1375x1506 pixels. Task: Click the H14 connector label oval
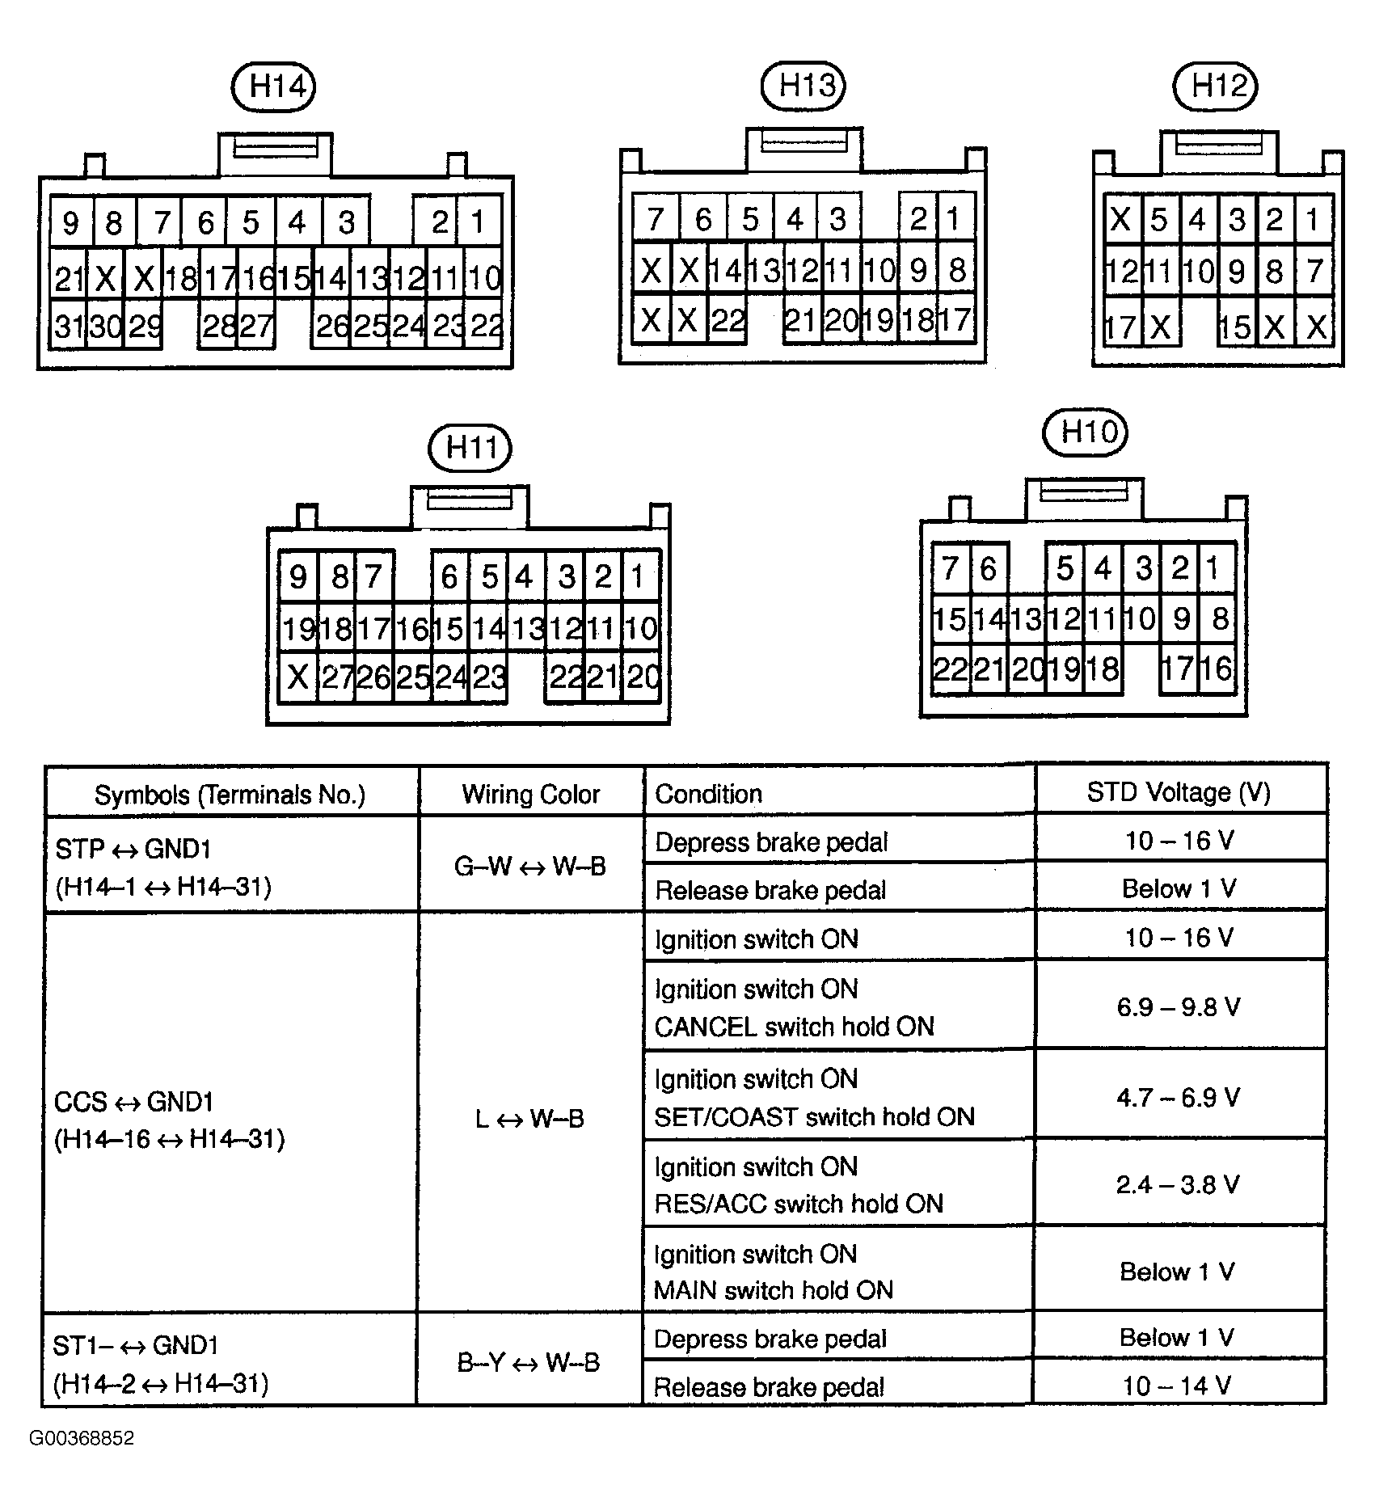pyautogui.click(x=273, y=86)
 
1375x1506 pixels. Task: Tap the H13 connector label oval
pyautogui.click(x=803, y=85)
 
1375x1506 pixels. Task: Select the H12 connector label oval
pyautogui.click(x=1215, y=85)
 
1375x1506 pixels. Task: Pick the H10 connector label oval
pyautogui.click(x=1085, y=432)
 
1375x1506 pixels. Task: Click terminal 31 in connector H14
pyautogui.click(x=68, y=327)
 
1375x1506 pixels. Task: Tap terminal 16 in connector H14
pyautogui.click(x=258, y=278)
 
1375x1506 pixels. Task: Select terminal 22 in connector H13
pyautogui.click(x=727, y=321)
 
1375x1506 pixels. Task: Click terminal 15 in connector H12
pyautogui.click(x=1234, y=327)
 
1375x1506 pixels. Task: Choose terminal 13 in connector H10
pyautogui.click(x=1026, y=620)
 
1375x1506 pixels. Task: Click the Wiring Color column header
pyautogui.click(x=531, y=794)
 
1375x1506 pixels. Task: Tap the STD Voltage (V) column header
pyautogui.click(x=1179, y=792)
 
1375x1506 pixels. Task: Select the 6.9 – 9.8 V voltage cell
pyautogui.click(x=1179, y=1007)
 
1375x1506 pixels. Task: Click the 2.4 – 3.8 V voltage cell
pyautogui.click(x=1179, y=1185)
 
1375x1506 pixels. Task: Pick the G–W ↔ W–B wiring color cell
pyautogui.click(x=530, y=866)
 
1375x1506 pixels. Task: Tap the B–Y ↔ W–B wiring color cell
pyautogui.click(x=529, y=1363)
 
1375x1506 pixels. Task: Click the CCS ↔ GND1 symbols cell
pyautogui.click(x=169, y=1120)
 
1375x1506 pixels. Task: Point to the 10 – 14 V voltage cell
pyautogui.click(x=1177, y=1386)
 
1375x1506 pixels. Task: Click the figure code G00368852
pyautogui.click(x=82, y=1438)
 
